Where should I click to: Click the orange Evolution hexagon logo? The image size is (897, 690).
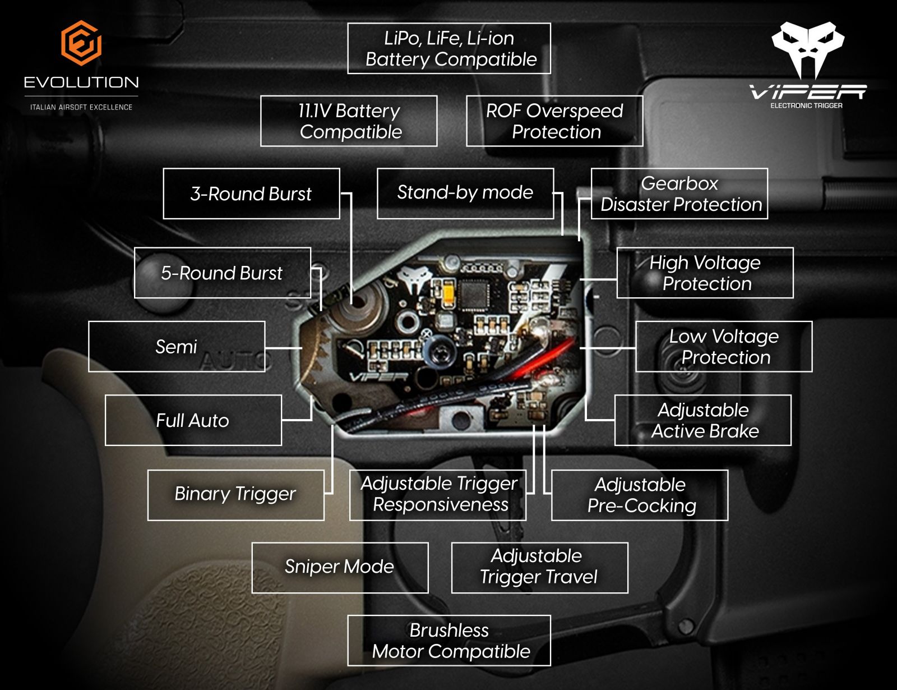point(81,43)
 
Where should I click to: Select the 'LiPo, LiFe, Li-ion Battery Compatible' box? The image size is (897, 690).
point(449,49)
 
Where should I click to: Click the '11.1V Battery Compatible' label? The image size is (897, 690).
point(349,121)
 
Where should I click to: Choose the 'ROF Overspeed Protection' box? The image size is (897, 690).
point(554,121)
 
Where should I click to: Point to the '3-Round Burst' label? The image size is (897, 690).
point(251,194)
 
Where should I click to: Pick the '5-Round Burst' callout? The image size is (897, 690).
point(222,273)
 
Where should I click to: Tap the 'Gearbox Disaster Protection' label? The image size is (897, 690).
point(679,194)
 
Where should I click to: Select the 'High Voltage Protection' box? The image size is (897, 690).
point(705,273)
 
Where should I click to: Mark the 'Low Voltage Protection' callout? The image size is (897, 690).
point(724,347)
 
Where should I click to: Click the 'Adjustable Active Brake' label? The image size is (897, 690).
point(703,421)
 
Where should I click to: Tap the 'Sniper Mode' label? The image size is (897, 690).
point(340,567)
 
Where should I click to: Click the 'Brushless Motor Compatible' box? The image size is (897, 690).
point(449,641)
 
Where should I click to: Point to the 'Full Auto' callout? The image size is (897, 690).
point(193,421)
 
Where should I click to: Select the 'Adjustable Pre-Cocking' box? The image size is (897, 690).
point(640,495)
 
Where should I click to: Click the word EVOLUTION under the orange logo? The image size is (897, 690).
point(81,82)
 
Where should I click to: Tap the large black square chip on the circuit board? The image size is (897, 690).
point(474,292)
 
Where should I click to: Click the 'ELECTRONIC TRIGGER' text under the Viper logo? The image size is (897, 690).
point(806,105)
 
